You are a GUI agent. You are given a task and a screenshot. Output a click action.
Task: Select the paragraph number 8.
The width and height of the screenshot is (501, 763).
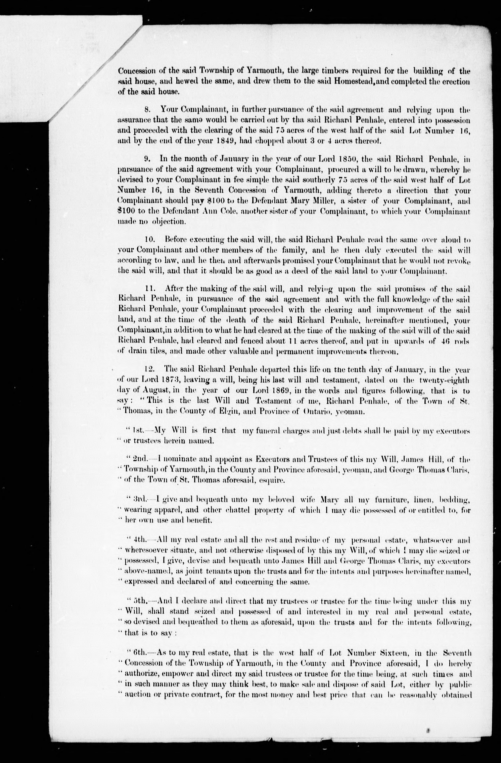coord(147,109)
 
